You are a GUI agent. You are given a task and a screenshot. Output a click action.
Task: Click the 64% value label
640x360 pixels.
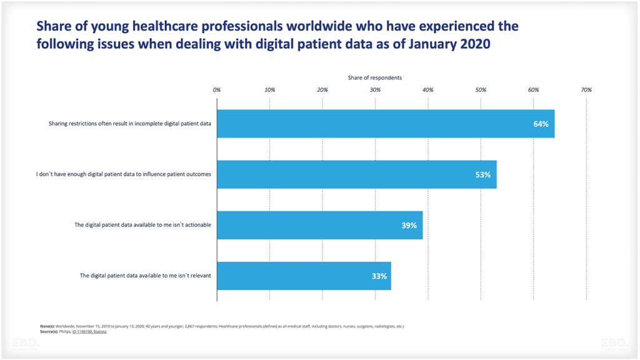click(541, 124)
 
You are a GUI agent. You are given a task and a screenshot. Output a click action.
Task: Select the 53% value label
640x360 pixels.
click(483, 175)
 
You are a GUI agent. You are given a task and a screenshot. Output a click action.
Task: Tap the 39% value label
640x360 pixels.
click(409, 226)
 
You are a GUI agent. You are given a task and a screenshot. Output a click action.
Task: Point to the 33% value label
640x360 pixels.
click(379, 276)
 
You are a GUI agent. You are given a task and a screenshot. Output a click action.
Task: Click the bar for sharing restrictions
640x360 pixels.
click(375, 124)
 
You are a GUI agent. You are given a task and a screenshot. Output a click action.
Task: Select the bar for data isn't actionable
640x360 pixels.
click(312, 226)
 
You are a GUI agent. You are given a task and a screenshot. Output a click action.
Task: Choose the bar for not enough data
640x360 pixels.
click(350, 175)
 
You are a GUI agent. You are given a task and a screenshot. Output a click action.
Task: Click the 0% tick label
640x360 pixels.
click(217, 90)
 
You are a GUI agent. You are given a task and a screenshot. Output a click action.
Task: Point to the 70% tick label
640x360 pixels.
click(586, 90)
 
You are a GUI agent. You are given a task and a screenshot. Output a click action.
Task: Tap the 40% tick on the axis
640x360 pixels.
click(428, 90)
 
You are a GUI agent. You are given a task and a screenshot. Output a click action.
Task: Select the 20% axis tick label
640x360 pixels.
click(322, 90)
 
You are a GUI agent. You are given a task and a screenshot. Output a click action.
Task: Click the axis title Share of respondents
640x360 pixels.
click(375, 77)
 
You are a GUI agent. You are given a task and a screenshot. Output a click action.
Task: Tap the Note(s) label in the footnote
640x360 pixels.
click(47, 326)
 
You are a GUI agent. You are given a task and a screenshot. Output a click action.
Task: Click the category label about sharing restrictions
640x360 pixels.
click(130, 124)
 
